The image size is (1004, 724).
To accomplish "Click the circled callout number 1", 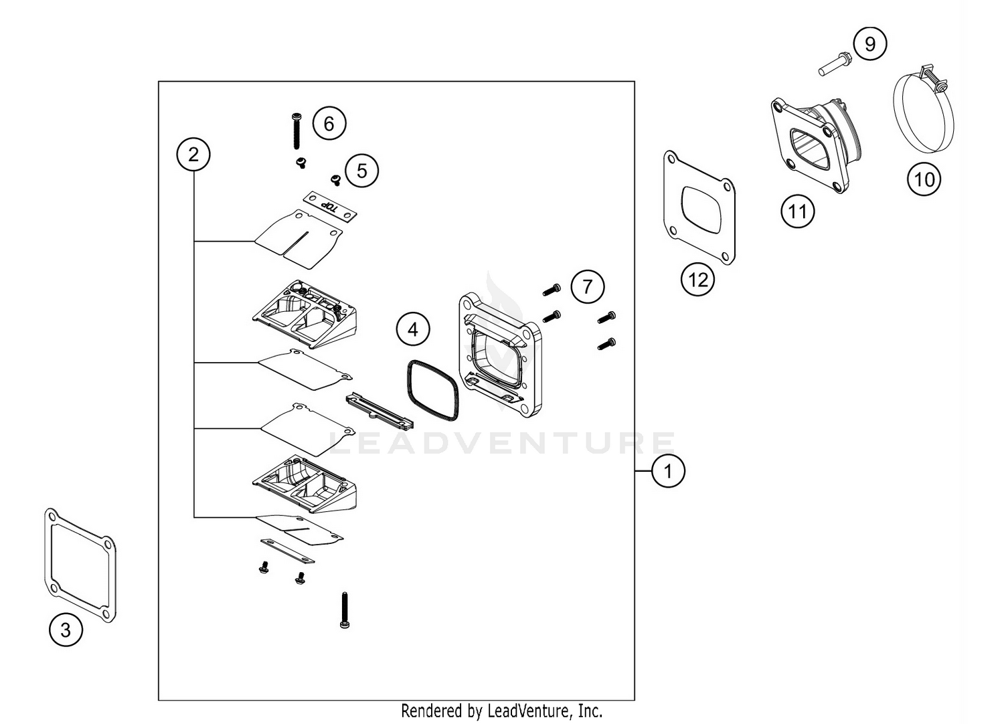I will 667,471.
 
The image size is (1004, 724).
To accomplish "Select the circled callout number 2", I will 193,155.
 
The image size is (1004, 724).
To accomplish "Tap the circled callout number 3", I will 66,630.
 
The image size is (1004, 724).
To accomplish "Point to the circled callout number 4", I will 413,329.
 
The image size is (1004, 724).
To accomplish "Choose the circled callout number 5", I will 361,171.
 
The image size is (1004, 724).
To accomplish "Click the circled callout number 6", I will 329,124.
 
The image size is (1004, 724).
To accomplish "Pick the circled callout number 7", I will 587,287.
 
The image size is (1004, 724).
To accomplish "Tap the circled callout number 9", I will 870,44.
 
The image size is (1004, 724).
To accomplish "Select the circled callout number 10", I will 924,179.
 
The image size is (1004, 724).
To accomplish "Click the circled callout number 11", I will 797,212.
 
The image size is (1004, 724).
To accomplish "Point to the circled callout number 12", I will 697,280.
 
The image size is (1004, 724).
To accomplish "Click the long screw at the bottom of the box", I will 345,610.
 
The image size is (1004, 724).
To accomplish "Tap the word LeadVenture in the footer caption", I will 529,710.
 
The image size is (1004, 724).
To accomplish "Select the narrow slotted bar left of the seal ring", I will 379,411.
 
